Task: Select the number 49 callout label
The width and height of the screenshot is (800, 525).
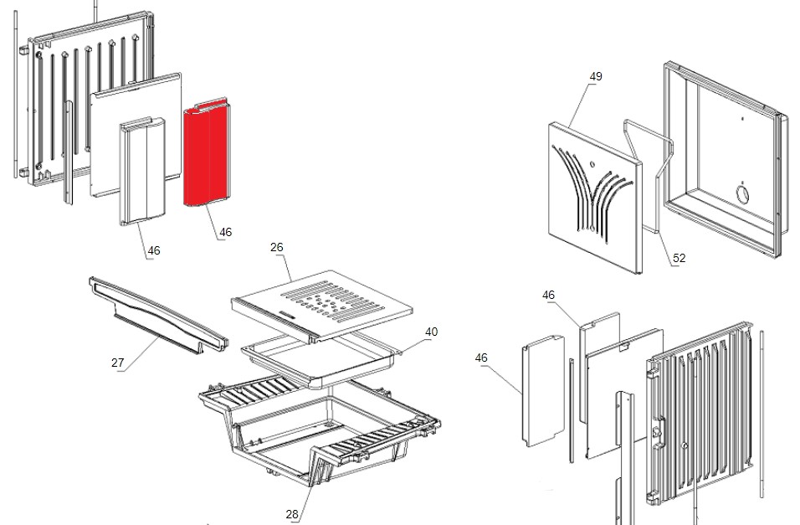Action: pyautogui.click(x=596, y=76)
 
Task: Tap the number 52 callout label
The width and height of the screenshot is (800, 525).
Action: pyautogui.click(x=679, y=259)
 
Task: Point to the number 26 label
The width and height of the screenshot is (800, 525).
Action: pyautogui.click(x=276, y=247)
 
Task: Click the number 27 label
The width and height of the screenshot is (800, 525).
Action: pyautogui.click(x=117, y=363)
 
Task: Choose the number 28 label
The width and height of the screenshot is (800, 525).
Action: pyautogui.click(x=292, y=514)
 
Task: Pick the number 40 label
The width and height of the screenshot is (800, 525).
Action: pyautogui.click(x=431, y=332)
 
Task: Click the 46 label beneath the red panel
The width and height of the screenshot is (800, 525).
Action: pyautogui.click(x=225, y=233)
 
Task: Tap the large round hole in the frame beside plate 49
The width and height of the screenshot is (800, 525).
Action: pyautogui.click(x=741, y=194)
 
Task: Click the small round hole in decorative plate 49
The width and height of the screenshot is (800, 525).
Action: pyautogui.click(x=592, y=164)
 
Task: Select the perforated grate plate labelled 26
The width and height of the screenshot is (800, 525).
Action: pyautogui.click(x=321, y=306)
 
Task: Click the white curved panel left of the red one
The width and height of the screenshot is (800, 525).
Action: pyautogui.click(x=142, y=171)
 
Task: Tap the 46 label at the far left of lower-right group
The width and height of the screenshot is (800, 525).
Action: pyautogui.click(x=481, y=358)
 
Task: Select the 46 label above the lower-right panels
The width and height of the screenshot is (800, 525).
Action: pyautogui.click(x=548, y=296)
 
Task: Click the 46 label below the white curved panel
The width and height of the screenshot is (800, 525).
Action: pyautogui.click(x=154, y=250)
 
